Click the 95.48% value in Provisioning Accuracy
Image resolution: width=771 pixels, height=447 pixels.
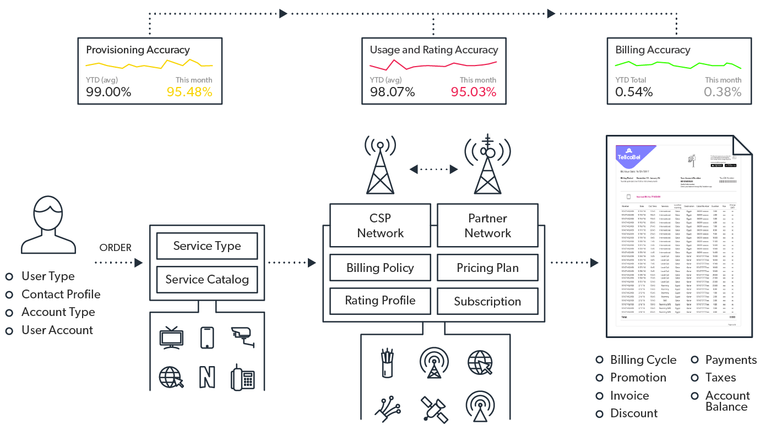pos(189,92)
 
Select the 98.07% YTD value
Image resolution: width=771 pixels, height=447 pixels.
pos(392,92)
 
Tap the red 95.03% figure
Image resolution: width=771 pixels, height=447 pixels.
pos(474,92)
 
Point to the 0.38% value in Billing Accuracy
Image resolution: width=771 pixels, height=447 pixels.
pos(723,92)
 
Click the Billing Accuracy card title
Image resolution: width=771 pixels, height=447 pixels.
pos(653,50)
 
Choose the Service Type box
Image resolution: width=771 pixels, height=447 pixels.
pos(207,246)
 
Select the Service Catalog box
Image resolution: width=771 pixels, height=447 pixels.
pos(207,280)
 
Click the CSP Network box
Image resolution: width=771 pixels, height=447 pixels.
pos(380,226)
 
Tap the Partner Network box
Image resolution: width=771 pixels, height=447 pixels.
pos(487,226)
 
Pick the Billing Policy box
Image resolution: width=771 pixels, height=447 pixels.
pos(380,268)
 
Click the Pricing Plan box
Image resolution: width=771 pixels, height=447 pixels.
pos(487,268)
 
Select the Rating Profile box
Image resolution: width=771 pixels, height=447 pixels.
pos(380,301)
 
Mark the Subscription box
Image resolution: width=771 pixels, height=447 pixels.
pos(487,301)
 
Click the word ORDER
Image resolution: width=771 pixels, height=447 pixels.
pos(116,248)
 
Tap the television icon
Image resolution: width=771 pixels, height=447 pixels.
pos(171,337)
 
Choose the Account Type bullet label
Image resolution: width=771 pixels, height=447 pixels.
pos(58,312)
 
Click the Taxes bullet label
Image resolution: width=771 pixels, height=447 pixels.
pos(720,378)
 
